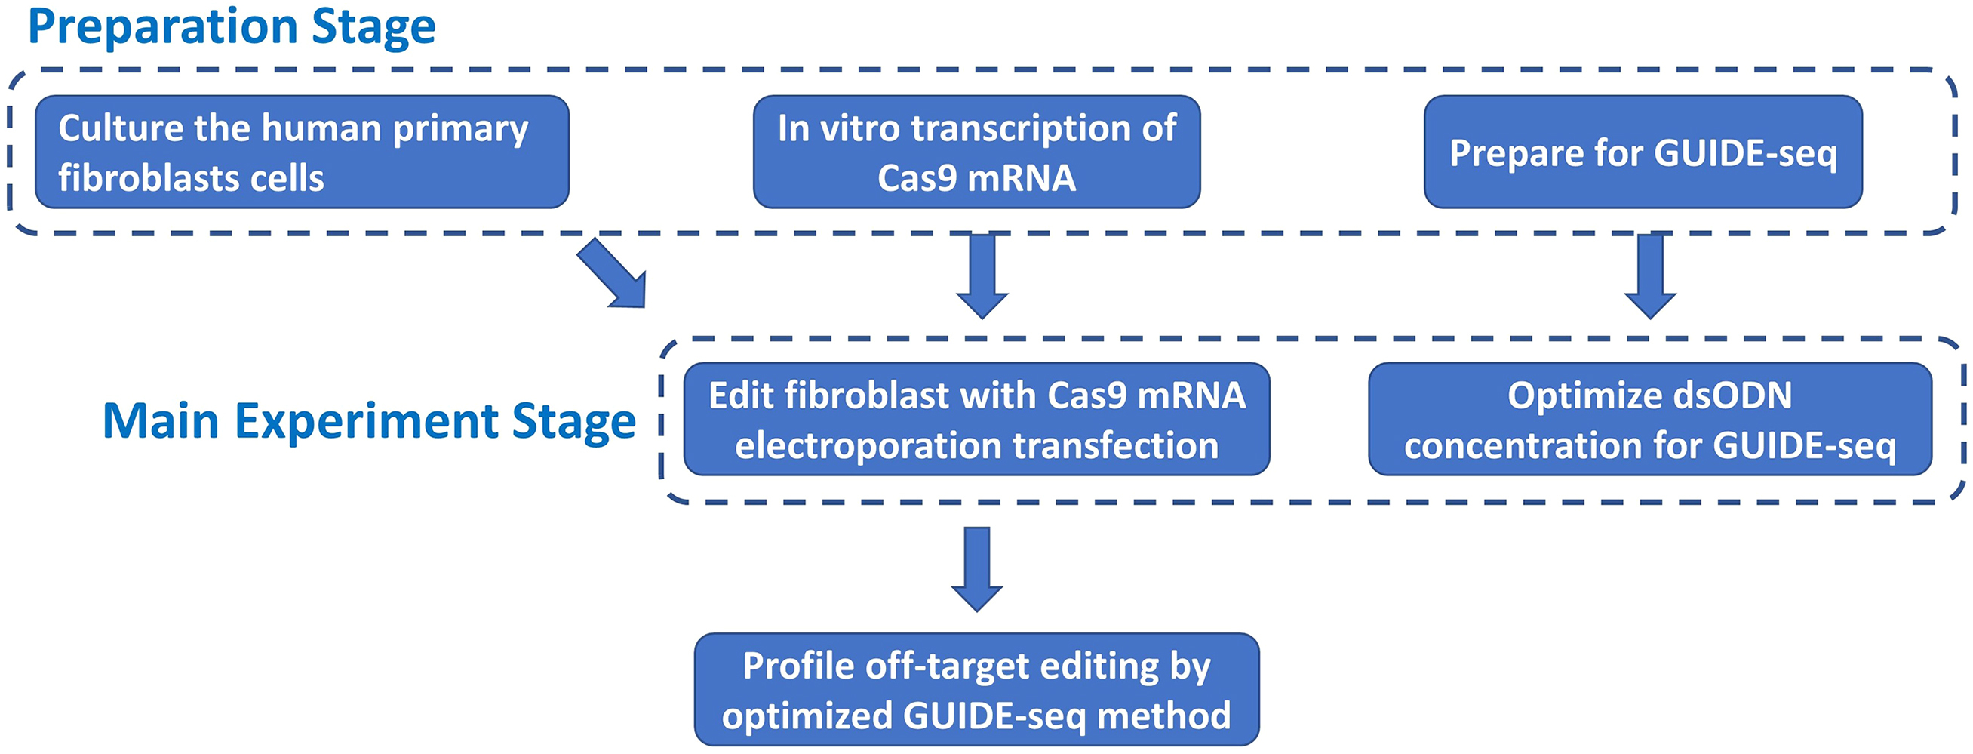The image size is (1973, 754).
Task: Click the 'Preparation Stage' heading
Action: [232, 27]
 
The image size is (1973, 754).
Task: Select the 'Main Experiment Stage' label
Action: [368, 420]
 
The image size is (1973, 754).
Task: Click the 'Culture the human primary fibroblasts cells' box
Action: [302, 152]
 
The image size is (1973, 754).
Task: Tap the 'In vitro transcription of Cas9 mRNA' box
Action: [976, 152]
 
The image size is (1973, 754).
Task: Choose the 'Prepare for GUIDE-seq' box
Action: [1642, 152]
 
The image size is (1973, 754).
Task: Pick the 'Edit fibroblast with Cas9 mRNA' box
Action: [976, 419]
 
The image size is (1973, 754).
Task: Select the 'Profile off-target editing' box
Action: [976, 689]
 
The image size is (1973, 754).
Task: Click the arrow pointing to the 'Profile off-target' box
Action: [976, 568]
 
